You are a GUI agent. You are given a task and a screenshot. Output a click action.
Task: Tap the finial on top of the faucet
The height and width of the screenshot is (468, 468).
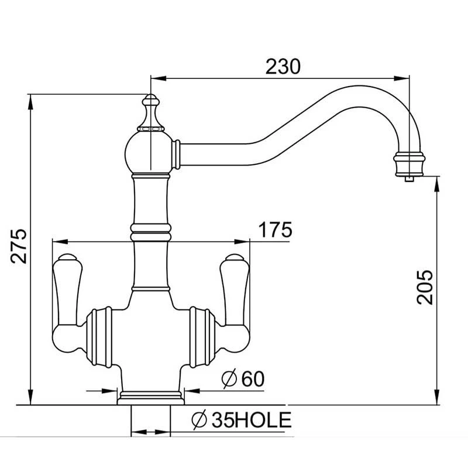pos(151,111)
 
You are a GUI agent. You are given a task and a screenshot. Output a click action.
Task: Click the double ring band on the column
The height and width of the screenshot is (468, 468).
pos(151,230)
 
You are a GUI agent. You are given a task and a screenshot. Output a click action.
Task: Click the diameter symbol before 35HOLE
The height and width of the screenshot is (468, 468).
pos(199,419)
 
